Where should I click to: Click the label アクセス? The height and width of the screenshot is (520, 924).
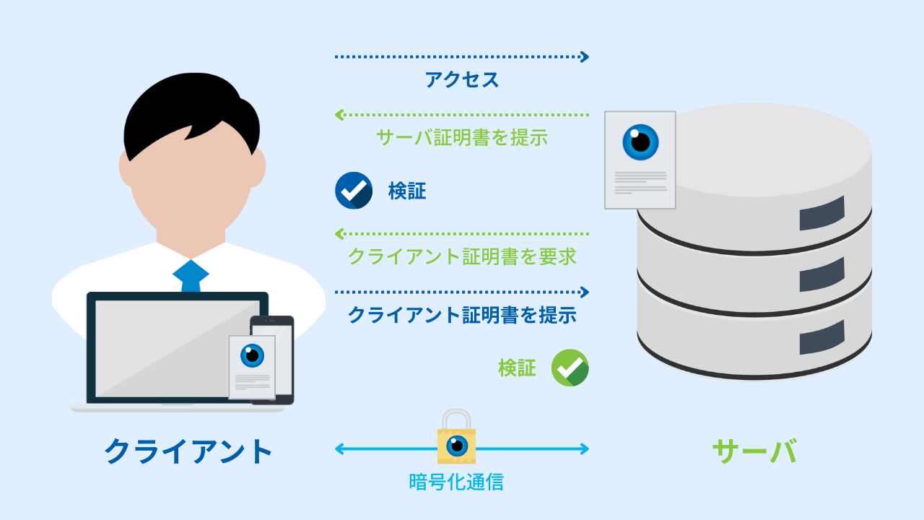pos(462,79)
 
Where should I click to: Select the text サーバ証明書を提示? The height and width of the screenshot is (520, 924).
pos(462,137)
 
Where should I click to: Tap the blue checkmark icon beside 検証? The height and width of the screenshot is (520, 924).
pos(354,191)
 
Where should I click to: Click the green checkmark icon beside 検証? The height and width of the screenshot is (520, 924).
pos(570,368)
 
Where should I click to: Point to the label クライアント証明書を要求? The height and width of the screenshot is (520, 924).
pos(462,256)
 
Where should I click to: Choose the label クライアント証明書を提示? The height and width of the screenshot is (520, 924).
pos(462,315)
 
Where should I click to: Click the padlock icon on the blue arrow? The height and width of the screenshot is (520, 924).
pos(456,439)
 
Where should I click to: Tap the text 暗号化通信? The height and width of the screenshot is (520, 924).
pos(456,482)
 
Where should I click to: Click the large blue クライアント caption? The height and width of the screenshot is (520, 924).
pos(189,451)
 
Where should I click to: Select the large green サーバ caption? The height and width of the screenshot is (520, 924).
pos(754,451)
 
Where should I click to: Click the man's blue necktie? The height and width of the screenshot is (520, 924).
pos(191,276)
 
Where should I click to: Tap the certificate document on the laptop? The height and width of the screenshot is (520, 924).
pos(252,367)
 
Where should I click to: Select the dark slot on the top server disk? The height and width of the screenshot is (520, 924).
pos(821,213)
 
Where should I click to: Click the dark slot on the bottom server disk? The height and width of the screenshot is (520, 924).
pos(821,337)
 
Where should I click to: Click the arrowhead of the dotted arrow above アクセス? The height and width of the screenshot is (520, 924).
pos(585,56)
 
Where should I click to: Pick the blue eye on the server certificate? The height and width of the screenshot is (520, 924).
pos(640,142)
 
